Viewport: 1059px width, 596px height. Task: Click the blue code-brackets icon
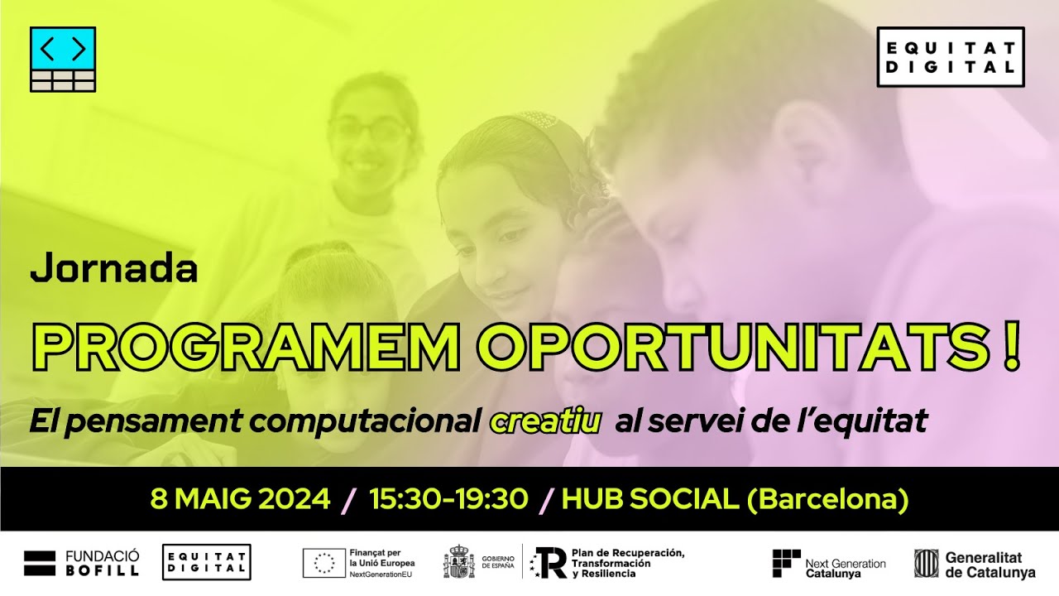pos(63,49)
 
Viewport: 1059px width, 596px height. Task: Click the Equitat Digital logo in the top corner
pos(950,56)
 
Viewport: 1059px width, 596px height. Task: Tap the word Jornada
pos(113,270)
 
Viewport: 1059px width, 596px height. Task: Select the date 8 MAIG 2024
pos(240,499)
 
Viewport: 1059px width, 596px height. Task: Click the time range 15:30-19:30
pos(448,499)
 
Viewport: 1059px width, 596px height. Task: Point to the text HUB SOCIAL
pos(649,499)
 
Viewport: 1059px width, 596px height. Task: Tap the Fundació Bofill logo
pos(81,563)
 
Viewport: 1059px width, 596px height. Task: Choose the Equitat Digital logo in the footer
pos(206,562)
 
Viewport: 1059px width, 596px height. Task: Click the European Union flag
pos(324,563)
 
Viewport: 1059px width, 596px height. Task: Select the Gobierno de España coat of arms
pos(459,562)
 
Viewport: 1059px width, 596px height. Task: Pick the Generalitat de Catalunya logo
pos(974,565)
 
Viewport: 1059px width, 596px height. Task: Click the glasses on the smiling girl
pos(370,131)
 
